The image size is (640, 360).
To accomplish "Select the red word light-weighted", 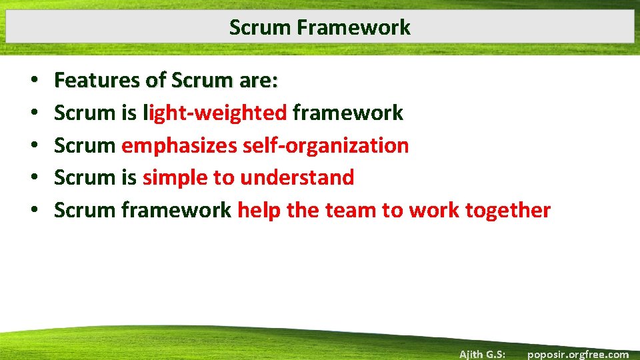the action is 215,113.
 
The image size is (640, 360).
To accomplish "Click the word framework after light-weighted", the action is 347,113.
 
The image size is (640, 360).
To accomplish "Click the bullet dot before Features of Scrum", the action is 33,81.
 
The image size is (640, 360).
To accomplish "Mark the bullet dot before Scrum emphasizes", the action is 33,146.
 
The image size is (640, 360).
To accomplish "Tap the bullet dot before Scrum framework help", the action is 33,211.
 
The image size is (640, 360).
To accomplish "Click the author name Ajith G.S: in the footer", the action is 481,354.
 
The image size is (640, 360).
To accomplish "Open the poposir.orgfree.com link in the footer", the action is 577,354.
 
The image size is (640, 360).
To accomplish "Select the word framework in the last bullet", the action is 176,210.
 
